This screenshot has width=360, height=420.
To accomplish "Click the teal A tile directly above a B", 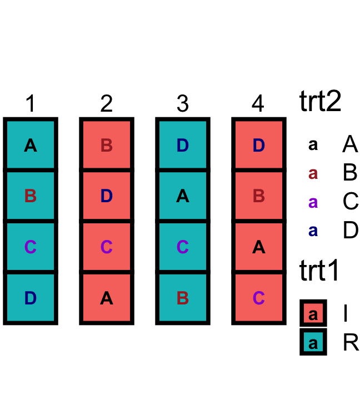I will (x=31, y=144).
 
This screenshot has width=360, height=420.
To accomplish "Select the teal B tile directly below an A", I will (x=31, y=196).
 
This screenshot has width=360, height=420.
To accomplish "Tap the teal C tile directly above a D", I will (x=31, y=247).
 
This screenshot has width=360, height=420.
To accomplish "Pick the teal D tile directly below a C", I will (x=31, y=298).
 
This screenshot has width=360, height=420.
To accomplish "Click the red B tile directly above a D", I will (x=107, y=144).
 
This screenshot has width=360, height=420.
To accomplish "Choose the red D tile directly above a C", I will (x=107, y=196).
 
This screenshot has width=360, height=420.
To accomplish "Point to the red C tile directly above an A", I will (x=107, y=247).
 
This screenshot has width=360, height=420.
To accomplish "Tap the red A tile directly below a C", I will (x=107, y=298).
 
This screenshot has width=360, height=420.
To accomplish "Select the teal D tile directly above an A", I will (x=183, y=144).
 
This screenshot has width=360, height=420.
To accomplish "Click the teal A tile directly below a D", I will (x=183, y=196).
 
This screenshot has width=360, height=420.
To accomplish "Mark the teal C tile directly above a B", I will (x=183, y=247).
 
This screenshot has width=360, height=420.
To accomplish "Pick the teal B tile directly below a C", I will (x=183, y=298).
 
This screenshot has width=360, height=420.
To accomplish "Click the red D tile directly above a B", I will (x=259, y=144).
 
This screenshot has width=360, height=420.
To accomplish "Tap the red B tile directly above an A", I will (x=259, y=196).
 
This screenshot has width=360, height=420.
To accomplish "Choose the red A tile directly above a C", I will (x=259, y=247).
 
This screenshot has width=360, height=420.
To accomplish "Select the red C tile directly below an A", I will (x=259, y=298).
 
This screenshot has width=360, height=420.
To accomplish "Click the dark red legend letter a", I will (x=313, y=173).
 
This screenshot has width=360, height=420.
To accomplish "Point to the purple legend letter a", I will (x=313, y=202).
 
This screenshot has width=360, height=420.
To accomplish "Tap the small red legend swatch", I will (x=313, y=313).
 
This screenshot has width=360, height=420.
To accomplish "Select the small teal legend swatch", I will (x=313, y=342).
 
